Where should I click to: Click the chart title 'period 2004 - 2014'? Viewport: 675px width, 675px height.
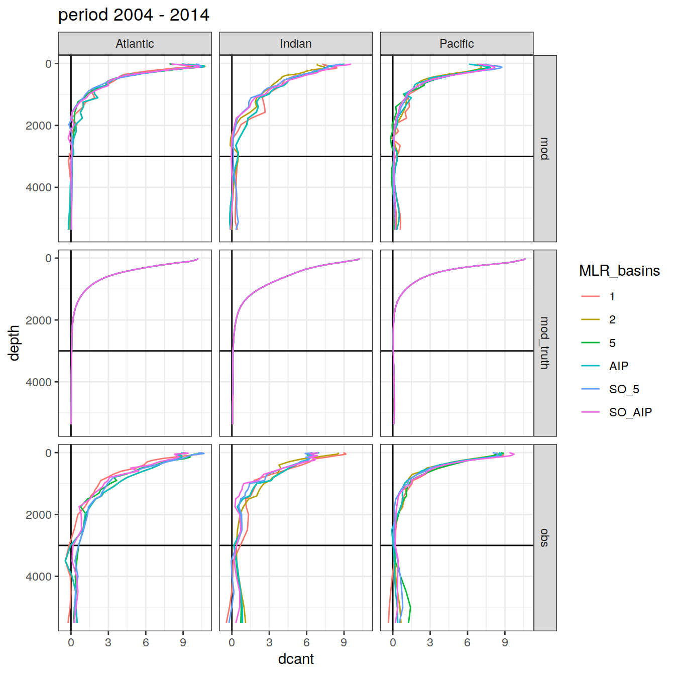point(134,15)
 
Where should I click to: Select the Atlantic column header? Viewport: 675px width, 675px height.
point(135,44)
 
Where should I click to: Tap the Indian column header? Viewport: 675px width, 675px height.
point(296,44)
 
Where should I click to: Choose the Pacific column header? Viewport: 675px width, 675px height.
point(457,44)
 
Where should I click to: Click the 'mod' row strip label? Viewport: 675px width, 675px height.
point(545,149)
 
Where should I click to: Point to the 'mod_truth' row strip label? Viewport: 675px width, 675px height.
point(545,343)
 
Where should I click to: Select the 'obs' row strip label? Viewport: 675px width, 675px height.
point(545,538)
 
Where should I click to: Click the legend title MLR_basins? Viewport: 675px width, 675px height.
point(619,271)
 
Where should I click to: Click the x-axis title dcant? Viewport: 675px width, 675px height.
point(296,659)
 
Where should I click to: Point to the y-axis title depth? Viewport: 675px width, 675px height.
point(14,343)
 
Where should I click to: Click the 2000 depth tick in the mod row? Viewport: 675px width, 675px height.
point(39,126)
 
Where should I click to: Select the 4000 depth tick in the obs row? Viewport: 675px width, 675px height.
point(39,577)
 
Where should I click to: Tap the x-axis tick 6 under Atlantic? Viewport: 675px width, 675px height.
point(146,642)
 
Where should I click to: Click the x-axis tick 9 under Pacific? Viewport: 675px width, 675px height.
point(505,642)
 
